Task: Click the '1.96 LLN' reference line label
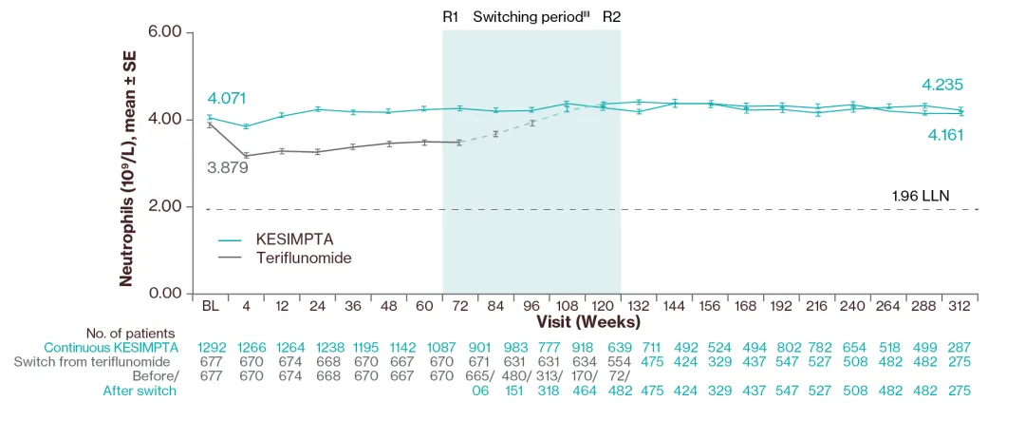(921, 196)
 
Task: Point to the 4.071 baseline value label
(227, 99)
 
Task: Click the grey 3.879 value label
(227, 167)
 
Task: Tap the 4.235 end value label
(942, 85)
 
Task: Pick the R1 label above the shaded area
(451, 16)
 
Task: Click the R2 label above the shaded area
(612, 16)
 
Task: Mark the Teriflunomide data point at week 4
(246, 156)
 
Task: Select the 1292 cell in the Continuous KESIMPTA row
(211, 347)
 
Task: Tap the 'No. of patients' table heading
(130, 333)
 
